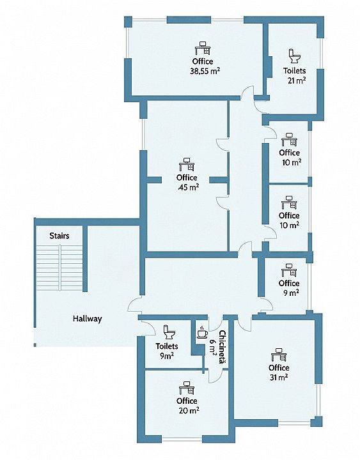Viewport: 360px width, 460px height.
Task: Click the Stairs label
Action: coord(59,236)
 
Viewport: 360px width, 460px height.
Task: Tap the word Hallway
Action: coord(88,319)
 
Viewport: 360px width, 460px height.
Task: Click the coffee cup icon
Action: coord(201,332)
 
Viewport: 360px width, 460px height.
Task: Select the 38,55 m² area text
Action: coord(205,71)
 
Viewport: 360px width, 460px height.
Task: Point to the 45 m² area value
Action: coord(188,187)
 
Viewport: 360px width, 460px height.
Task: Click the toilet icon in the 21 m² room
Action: coord(294,56)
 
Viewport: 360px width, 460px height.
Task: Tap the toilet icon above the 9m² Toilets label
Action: coord(169,332)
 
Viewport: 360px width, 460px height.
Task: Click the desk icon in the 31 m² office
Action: coord(279,355)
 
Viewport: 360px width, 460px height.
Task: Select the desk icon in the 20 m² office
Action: coord(187,388)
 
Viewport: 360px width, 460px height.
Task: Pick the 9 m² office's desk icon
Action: coord(289,270)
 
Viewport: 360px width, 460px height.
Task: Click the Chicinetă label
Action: coord(223,348)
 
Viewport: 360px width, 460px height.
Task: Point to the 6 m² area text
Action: coord(214,347)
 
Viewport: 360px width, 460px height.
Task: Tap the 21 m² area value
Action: coord(297,80)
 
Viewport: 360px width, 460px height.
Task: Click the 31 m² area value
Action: coord(279,378)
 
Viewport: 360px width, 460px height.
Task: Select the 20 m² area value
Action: coord(189,410)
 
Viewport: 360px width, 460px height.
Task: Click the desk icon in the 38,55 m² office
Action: coord(203,48)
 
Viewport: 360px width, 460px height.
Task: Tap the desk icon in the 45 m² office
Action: coord(187,164)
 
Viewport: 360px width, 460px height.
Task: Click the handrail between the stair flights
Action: coord(60,268)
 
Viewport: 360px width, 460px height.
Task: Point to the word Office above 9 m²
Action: coord(289,284)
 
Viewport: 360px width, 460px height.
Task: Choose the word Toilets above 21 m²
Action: coord(295,71)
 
